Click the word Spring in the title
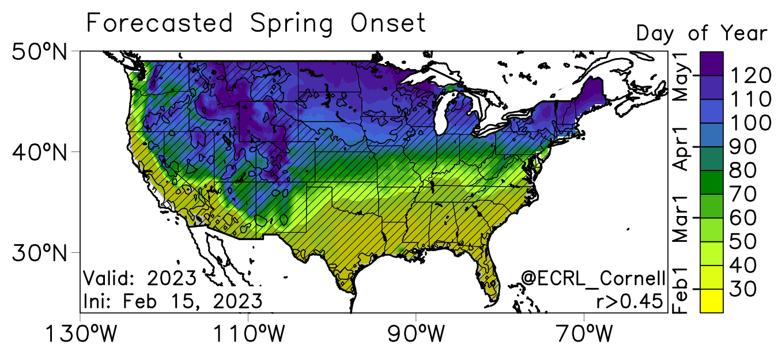(x=292, y=24)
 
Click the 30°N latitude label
(x=40, y=253)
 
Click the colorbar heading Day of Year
(x=702, y=33)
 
